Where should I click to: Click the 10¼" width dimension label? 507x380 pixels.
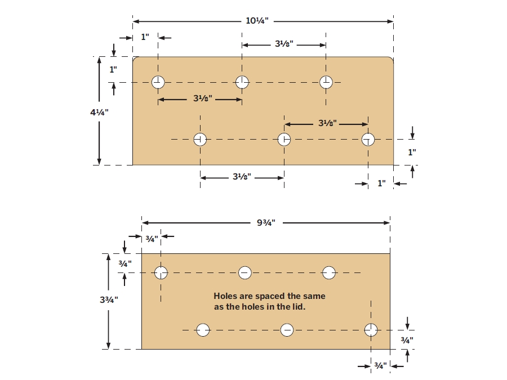pos(257,21)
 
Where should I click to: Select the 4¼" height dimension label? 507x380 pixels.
pos(99,113)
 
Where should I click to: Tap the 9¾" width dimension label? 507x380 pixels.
pos(266,222)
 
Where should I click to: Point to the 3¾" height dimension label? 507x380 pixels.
pos(109,300)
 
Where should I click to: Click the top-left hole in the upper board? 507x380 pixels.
pos(158,82)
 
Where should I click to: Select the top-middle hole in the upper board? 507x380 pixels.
pos(242,82)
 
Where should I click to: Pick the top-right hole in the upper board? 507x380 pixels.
pos(326,82)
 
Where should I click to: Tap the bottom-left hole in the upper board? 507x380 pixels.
pos(200,140)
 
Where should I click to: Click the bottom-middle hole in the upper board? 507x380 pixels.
pos(284,140)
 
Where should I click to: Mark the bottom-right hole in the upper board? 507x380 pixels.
pos(368,140)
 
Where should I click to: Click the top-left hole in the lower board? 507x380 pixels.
pos(161,272)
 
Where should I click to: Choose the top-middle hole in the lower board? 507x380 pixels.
pos(245,272)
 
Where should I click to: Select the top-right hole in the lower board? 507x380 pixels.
pos(329,272)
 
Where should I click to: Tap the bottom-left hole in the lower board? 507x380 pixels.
pos(203,330)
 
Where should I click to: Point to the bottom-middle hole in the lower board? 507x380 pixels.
pos(287,330)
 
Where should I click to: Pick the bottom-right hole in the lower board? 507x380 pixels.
pos(371,330)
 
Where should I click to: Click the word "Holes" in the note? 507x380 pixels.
pos(226,296)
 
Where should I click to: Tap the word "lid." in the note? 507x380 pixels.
pos(299,306)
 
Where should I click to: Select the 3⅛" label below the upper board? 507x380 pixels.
pos(242,177)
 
